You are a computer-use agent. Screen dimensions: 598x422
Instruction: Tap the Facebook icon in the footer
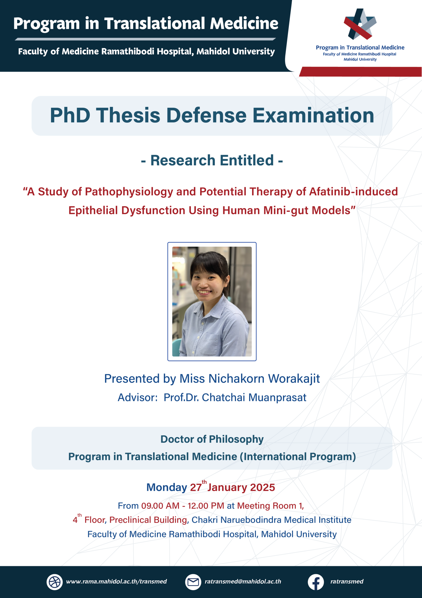pyautogui.click(x=316, y=582)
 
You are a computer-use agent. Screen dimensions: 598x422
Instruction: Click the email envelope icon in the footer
pyautogui.click(x=193, y=582)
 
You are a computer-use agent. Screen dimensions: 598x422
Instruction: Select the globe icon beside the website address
pyautogui.click(x=54, y=582)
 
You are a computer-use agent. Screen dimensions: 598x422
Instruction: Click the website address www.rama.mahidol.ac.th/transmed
pyautogui.click(x=116, y=581)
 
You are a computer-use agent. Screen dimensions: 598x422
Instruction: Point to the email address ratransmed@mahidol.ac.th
pyautogui.click(x=243, y=581)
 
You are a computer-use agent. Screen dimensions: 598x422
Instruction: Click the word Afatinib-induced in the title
pyautogui.click(x=354, y=192)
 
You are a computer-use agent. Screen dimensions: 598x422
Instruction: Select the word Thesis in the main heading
pyautogui.click(x=129, y=115)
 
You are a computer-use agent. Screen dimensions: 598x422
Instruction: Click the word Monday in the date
pyautogui.click(x=166, y=487)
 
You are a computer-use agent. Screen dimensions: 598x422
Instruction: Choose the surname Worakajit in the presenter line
pyautogui.click(x=294, y=378)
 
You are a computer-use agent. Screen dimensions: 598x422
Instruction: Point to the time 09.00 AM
pyautogui.click(x=160, y=505)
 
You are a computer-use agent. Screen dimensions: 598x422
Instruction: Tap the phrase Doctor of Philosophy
pyautogui.click(x=212, y=439)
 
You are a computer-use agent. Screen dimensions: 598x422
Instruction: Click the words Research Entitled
pyautogui.click(x=212, y=160)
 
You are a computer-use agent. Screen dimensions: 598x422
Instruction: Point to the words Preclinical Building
pyautogui.click(x=148, y=520)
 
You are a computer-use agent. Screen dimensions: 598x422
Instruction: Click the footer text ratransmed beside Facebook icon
pyautogui.click(x=347, y=581)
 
